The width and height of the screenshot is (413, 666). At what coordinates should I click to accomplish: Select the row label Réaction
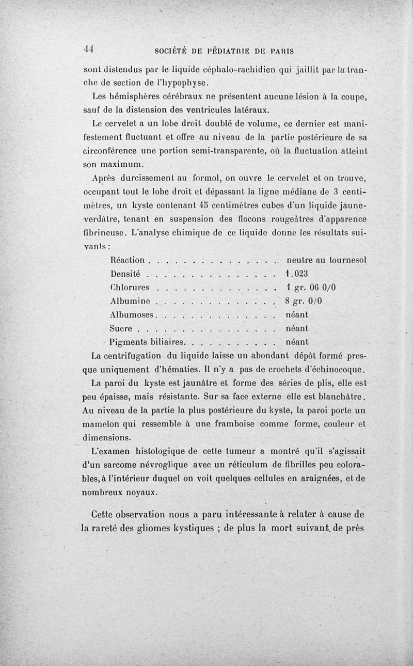pyautogui.click(x=129, y=260)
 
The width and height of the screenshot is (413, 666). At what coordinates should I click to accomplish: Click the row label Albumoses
pyautogui.click(x=133, y=314)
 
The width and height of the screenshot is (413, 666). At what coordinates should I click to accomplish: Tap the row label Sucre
pyautogui.click(x=122, y=328)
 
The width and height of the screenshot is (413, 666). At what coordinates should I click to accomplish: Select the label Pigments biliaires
pyautogui.click(x=148, y=342)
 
